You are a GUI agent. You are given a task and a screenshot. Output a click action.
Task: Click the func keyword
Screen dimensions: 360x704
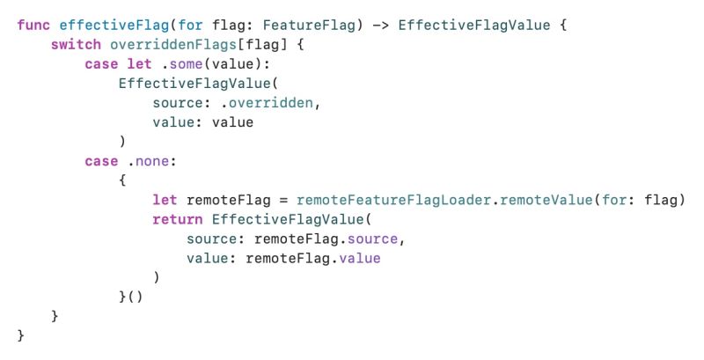[33, 25]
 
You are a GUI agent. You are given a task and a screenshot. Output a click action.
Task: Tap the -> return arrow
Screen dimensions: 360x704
[380, 25]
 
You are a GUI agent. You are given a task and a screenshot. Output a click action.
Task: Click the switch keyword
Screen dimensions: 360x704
[76, 44]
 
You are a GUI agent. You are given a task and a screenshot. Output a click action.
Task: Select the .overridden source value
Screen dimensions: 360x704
[275, 103]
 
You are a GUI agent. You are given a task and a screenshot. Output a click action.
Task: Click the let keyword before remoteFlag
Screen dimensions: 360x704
[165, 201]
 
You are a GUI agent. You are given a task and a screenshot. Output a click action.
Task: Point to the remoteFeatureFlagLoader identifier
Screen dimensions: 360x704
[398, 201]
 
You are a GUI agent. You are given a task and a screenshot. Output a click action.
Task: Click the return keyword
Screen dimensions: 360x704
[178, 220]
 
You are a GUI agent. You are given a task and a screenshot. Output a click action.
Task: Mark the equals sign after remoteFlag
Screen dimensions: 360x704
[283, 201]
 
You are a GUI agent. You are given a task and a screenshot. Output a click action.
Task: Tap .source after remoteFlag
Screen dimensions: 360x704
[378, 239]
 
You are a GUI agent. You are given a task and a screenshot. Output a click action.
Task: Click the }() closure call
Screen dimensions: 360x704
[130, 298]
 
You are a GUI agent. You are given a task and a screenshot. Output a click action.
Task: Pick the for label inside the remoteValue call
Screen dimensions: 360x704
[613, 201]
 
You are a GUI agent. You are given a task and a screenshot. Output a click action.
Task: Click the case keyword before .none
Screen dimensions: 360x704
[101, 161]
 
